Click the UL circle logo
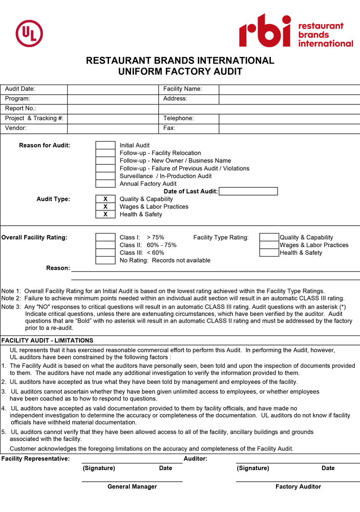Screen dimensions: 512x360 [x=29, y=34]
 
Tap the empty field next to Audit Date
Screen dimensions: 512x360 [x=113, y=89]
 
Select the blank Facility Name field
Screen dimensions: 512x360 [x=289, y=89]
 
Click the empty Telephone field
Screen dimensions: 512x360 [x=289, y=118]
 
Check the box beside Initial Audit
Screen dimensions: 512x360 [x=105, y=145]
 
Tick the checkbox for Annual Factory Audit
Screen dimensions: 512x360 [x=105, y=184]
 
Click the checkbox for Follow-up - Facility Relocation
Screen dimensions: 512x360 [x=105, y=153]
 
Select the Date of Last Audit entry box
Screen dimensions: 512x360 [x=248, y=191]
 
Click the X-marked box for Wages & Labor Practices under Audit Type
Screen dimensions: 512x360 [x=105, y=207]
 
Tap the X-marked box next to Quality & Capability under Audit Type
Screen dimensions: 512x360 [x=105, y=199]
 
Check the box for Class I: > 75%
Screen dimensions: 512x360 [x=105, y=238]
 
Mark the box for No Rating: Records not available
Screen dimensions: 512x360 [x=105, y=261]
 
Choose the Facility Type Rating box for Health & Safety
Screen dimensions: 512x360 [x=269, y=253]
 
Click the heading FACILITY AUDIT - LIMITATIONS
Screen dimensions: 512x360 [x=48, y=340]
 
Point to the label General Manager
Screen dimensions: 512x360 [x=132, y=486]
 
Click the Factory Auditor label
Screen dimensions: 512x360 [x=298, y=486]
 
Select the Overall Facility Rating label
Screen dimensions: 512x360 [x=34, y=238]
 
